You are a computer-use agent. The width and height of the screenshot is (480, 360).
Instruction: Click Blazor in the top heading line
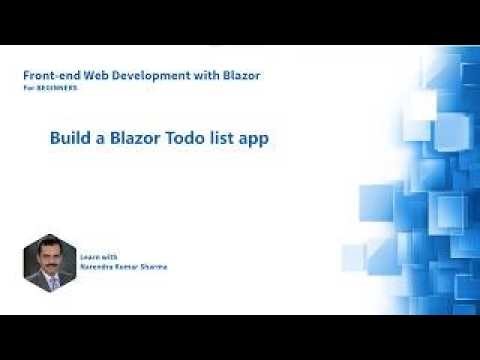point(239,76)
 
